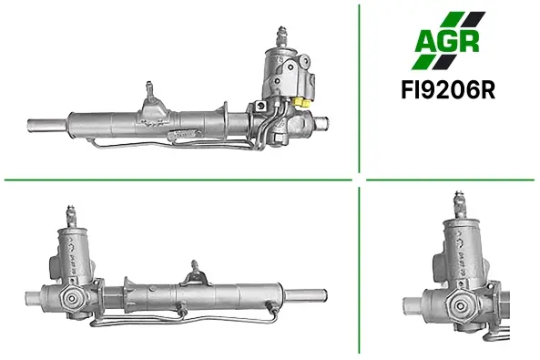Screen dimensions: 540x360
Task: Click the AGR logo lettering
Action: point(447,41)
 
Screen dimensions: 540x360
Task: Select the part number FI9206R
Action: point(448,90)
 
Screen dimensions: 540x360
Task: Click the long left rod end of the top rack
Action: point(47,125)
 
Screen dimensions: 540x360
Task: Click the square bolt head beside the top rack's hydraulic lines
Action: point(260,106)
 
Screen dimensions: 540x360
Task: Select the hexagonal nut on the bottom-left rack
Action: point(72,298)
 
